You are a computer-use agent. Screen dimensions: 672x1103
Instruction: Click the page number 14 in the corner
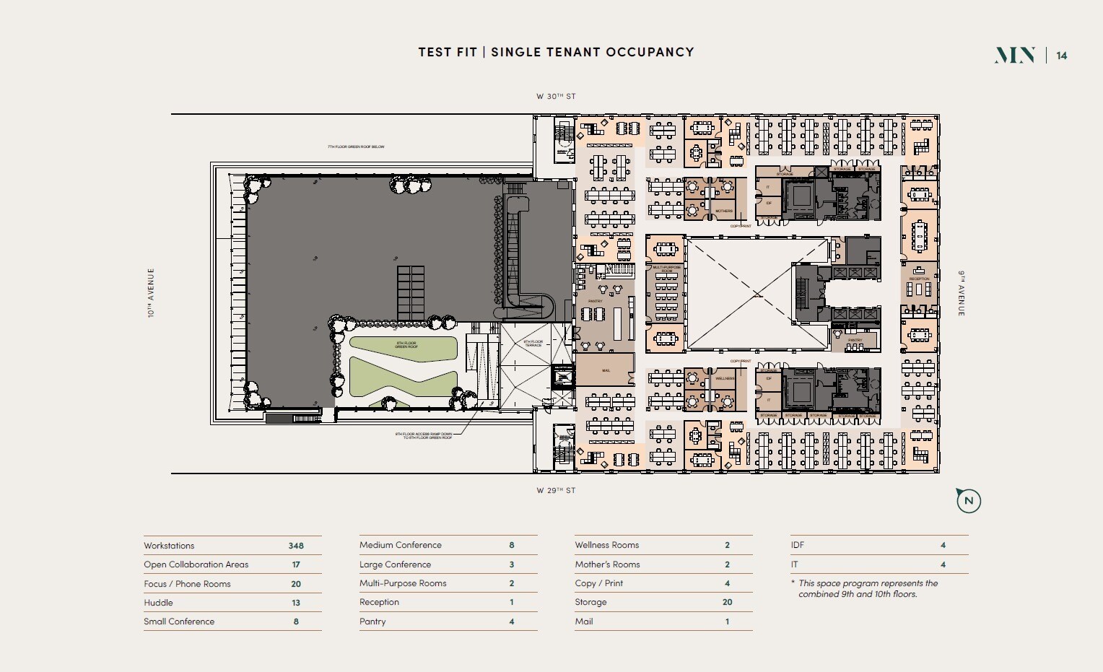(1061, 56)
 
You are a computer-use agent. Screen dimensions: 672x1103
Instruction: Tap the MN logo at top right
(1015, 56)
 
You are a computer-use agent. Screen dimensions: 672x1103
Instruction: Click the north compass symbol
(969, 500)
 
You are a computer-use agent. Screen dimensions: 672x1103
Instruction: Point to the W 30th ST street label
(555, 96)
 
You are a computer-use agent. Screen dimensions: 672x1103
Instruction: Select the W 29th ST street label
(555, 490)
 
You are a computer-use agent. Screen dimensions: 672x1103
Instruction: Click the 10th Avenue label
(152, 293)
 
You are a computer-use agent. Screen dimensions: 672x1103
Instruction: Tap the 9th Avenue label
(961, 293)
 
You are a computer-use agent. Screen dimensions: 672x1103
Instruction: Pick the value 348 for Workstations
(295, 546)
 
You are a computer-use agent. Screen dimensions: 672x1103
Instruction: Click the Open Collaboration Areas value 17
(295, 564)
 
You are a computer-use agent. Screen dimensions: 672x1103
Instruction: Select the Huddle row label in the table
(158, 603)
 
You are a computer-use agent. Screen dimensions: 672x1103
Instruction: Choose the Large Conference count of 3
(511, 564)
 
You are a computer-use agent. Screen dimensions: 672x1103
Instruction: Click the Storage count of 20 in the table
(727, 602)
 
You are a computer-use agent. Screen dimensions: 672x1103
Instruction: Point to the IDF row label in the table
(797, 545)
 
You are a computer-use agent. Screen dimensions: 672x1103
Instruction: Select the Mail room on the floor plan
(606, 370)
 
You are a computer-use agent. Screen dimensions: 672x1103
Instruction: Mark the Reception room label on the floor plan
(919, 279)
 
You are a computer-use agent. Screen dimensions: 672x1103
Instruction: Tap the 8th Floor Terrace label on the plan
(533, 344)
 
